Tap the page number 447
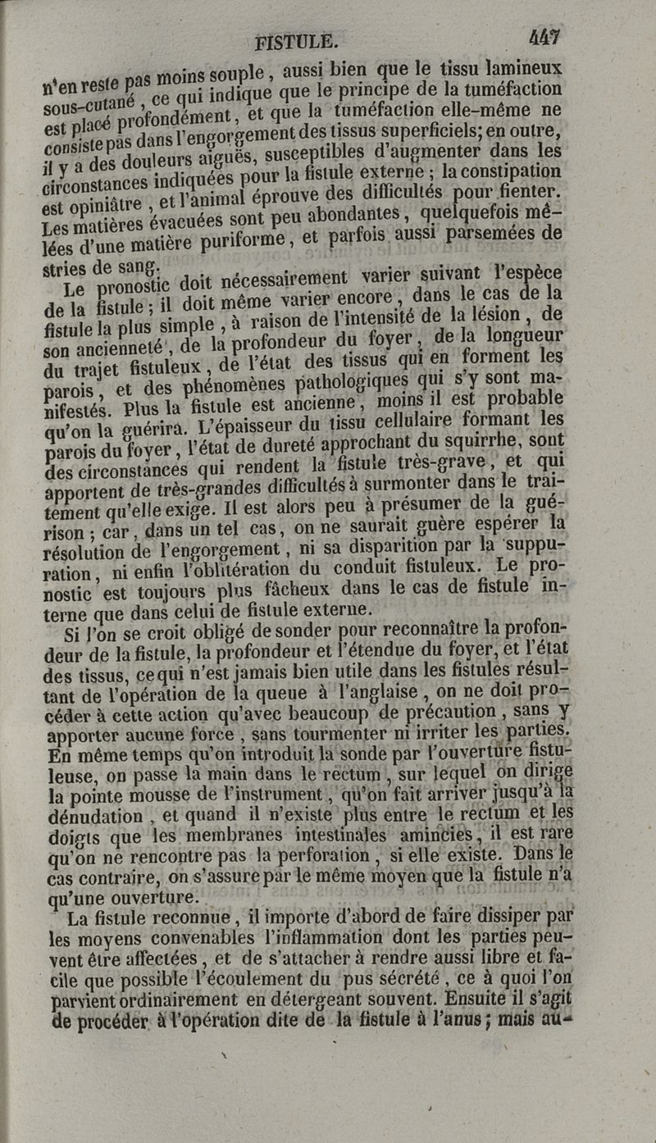(x=544, y=37)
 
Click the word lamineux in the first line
(x=526, y=67)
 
